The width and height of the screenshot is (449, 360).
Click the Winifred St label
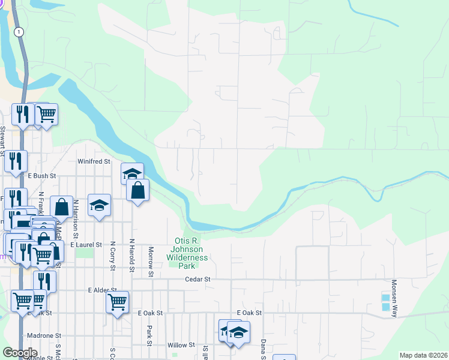(94, 161)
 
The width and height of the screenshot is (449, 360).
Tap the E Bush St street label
(41, 176)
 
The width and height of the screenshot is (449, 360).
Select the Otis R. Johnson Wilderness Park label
(190, 253)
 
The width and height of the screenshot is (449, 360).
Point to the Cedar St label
(198, 279)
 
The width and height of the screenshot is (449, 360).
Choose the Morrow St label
(151, 262)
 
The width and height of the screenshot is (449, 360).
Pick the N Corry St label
(112, 254)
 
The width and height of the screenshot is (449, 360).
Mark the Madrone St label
(44, 335)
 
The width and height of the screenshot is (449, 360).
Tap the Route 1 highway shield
(20, 32)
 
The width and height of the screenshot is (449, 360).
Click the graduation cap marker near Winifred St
(132, 173)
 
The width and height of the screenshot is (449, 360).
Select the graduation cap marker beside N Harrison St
(99, 205)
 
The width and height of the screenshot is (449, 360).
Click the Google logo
(20, 353)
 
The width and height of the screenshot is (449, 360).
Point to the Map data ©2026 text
(423, 355)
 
